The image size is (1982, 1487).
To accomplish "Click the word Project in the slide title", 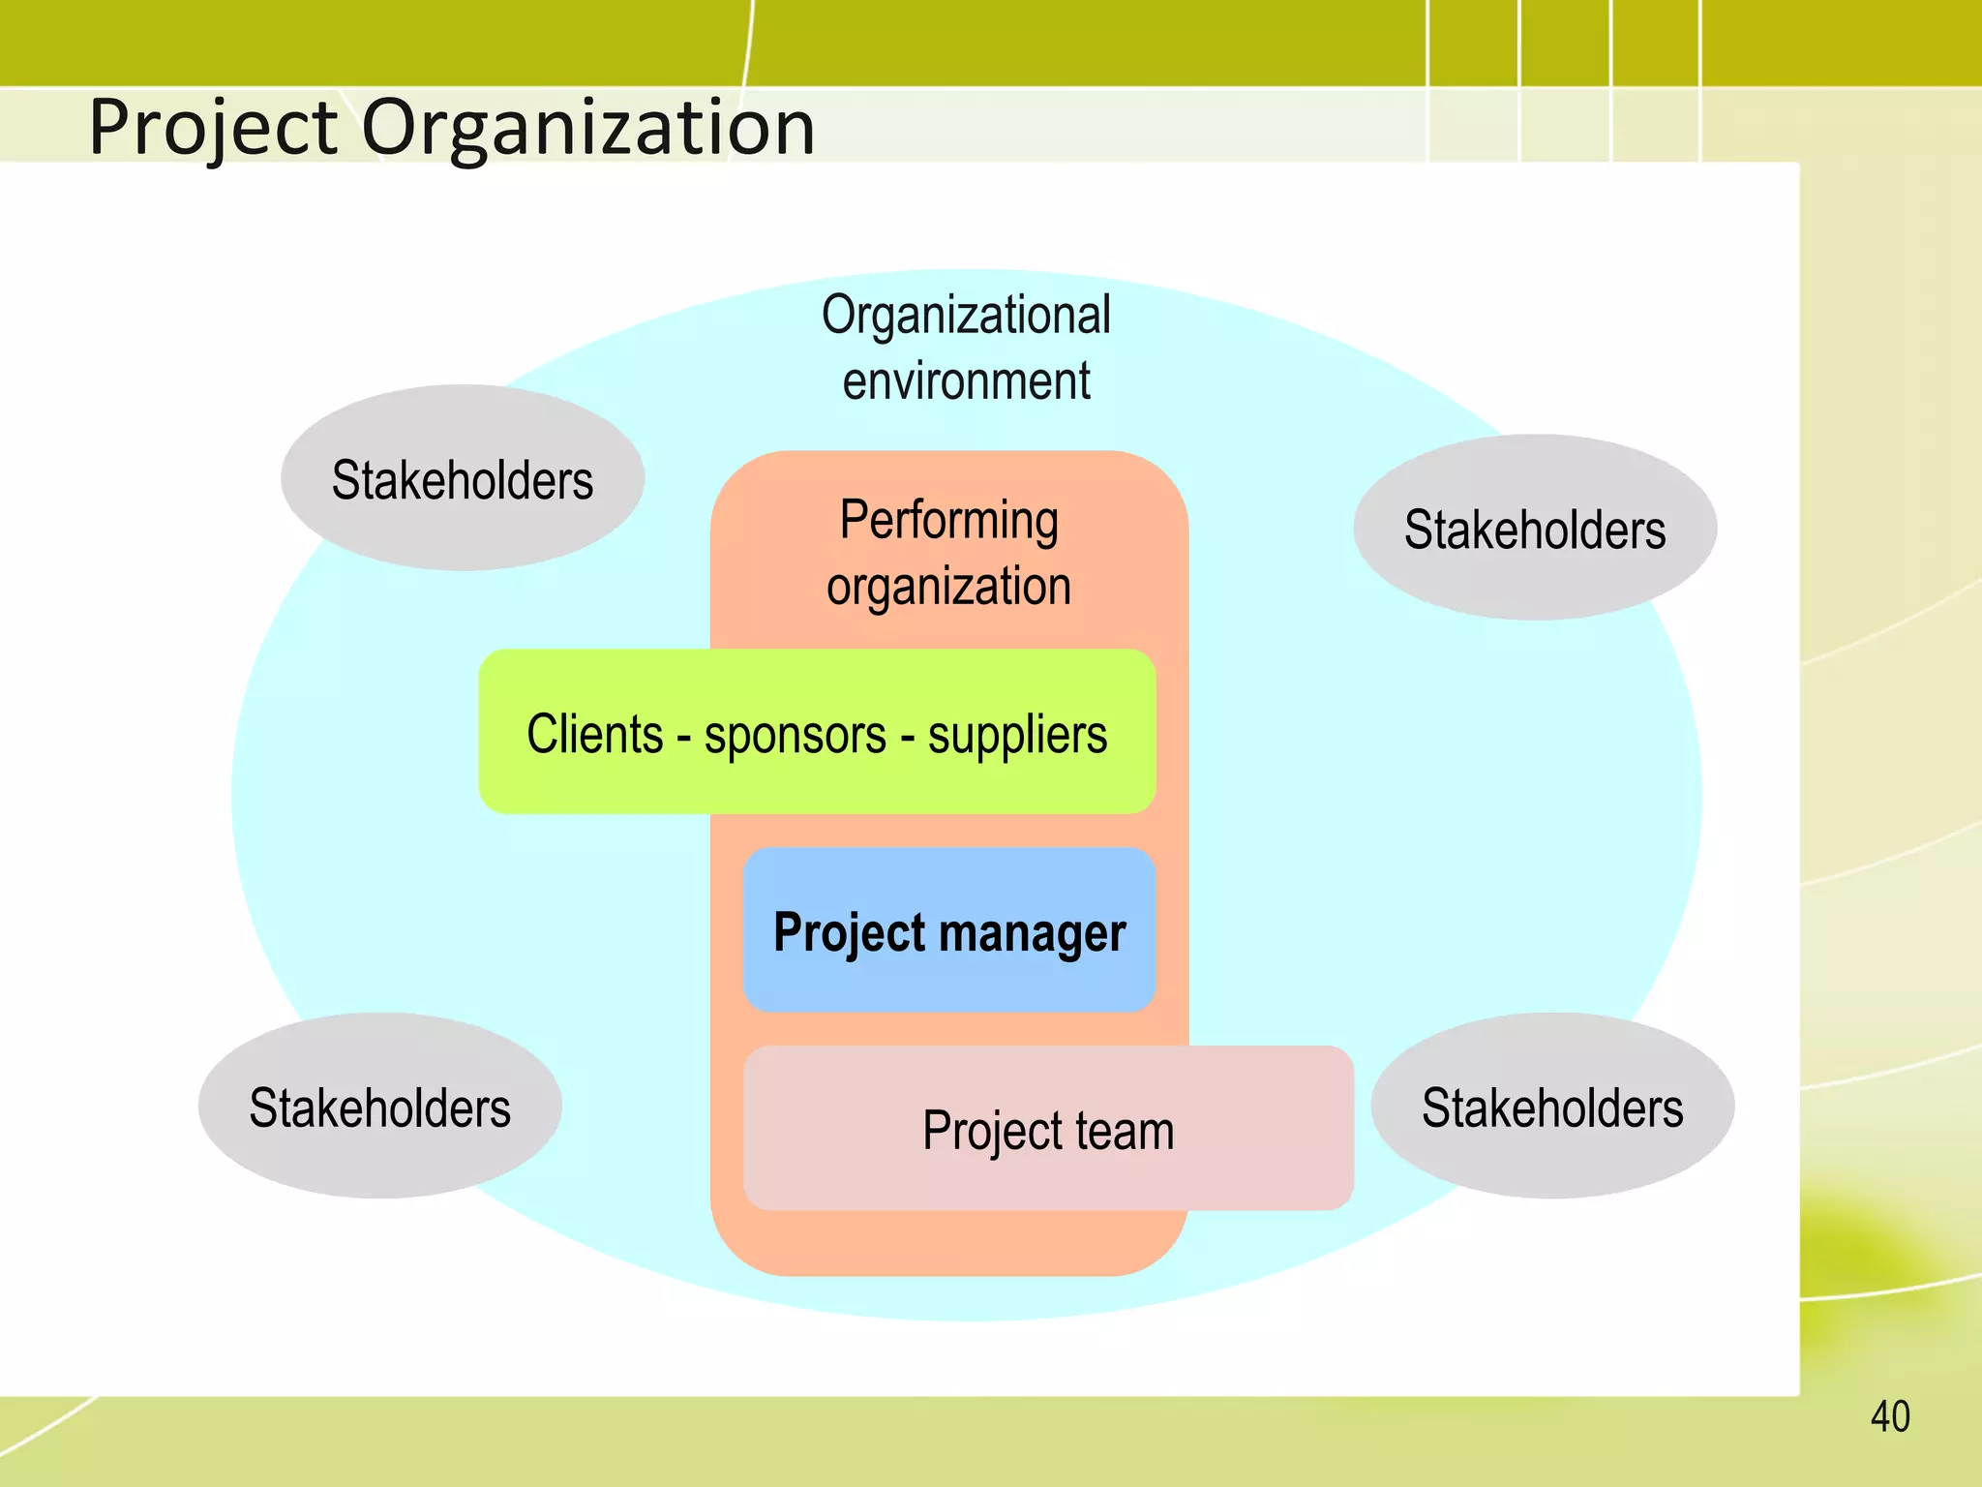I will point(213,128).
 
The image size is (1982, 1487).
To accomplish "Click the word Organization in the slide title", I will point(588,128).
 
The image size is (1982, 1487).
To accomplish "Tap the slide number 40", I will point(1890,1417).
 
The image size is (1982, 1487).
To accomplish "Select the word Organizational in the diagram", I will point(966,316).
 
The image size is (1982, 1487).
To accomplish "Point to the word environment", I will point(966,380).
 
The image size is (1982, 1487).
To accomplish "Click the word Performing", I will point(948,521).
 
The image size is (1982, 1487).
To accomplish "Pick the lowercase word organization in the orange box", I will point(948,587).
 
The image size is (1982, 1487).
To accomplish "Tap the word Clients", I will point(594,734).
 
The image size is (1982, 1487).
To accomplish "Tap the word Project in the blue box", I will point(850,932).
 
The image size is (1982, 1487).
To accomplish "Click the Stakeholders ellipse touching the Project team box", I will point(1552,1107).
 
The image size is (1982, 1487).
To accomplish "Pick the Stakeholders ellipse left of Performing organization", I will point(463,478).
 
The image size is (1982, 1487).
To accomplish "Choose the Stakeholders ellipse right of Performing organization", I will point(1535,528).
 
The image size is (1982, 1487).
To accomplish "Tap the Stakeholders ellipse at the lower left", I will point(379,1107).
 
